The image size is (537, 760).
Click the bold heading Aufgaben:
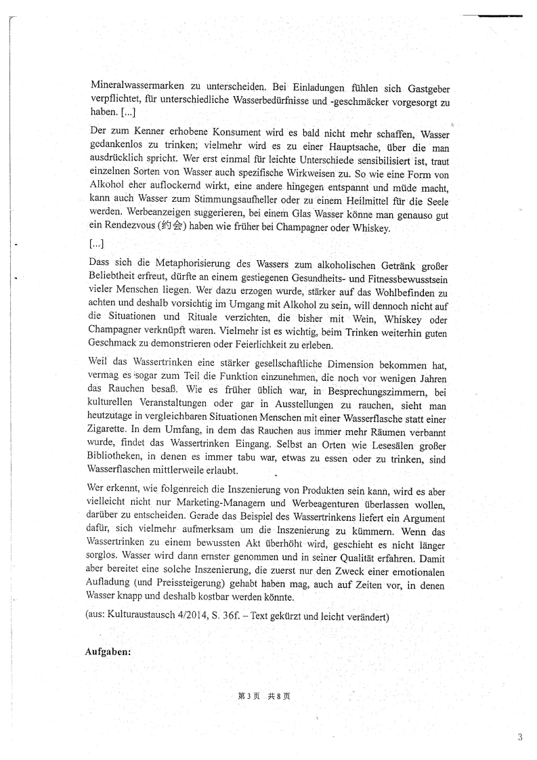click(107, 652)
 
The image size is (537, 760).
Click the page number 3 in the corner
click(519, 738)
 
